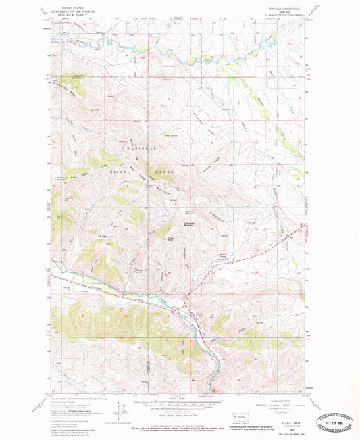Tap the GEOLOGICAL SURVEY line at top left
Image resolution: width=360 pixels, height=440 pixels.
click(x=69, y=15)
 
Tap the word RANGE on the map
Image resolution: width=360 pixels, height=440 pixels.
click(x=165, y=173)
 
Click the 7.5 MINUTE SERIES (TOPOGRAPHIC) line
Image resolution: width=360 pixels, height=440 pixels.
click(x=286, y=15)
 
